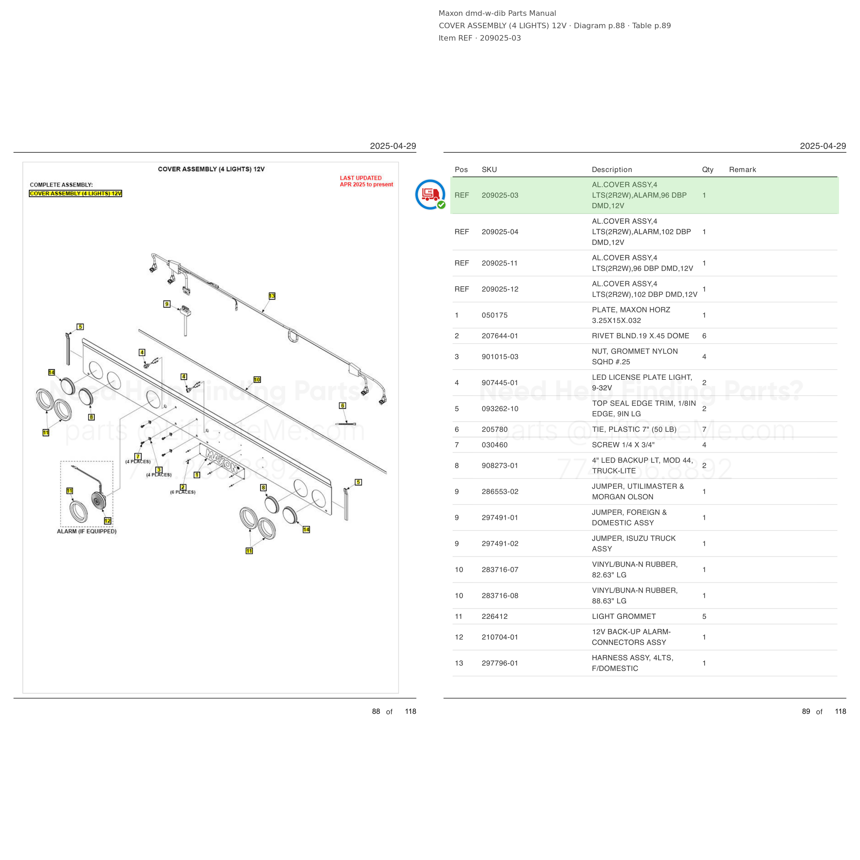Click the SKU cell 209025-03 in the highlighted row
(x=500, y=195)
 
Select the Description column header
(x=612, y=170)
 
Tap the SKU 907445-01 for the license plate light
(x=500, y=383)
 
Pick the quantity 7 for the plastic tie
(x=704, y=430)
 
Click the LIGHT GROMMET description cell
(x=624, y=616)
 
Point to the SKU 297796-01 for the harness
(x=500, y=663)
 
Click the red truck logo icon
(x=430, y=194)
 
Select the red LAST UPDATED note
(x=366, y=181)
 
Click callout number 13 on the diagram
(x=272, y=296)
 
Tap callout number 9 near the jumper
(x=167, y=304)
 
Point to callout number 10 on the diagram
(x=257, y=380)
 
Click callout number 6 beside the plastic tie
(x=342, y=406)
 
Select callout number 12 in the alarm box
(x=108, y=521)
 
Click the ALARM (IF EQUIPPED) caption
(x=87, y=531)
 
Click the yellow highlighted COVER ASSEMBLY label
(x=76, y=194)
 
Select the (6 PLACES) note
(x=183, y=492)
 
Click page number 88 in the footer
(x=376, y=711)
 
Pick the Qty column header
(x=708, y=170)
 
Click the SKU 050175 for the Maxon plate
(x=495, y=315)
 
